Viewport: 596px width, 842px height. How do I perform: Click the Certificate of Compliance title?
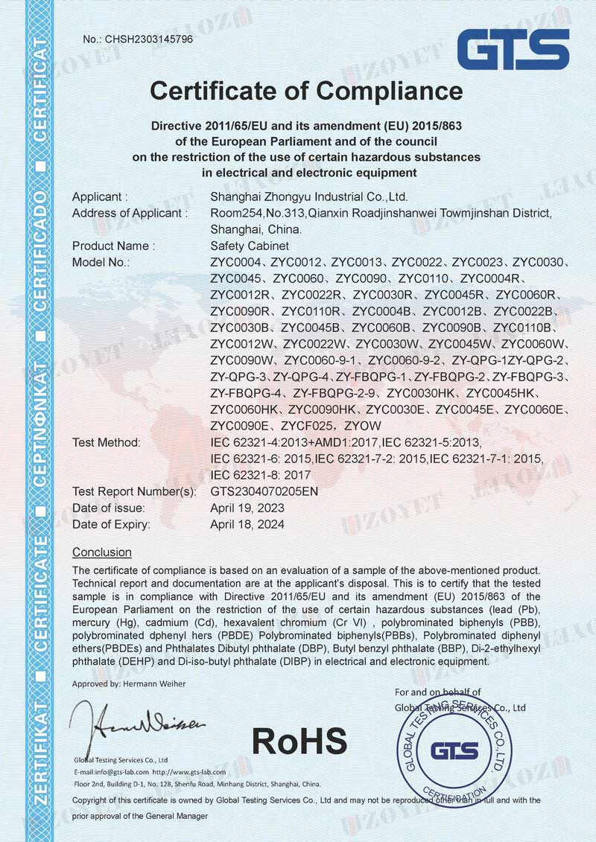tap(306, 91)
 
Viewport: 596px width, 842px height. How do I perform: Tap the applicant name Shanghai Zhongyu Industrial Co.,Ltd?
tap(309, 197)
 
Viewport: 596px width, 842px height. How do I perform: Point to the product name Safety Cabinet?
tap(250, 246)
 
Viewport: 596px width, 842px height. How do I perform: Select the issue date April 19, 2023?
tap(247, 508)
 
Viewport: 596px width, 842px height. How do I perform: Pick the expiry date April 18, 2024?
tap(247, 524)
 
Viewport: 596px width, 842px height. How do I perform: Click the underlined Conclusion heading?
tap(102, 552)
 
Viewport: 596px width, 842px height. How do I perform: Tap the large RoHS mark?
tap(299, 741)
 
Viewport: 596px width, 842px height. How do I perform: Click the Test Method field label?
tap(107, 443)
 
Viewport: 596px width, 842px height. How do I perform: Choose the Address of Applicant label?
tap(127, 214)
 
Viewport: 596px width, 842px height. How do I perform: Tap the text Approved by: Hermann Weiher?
tap(129, 683)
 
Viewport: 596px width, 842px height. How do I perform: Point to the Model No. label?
tap(101, 262)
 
